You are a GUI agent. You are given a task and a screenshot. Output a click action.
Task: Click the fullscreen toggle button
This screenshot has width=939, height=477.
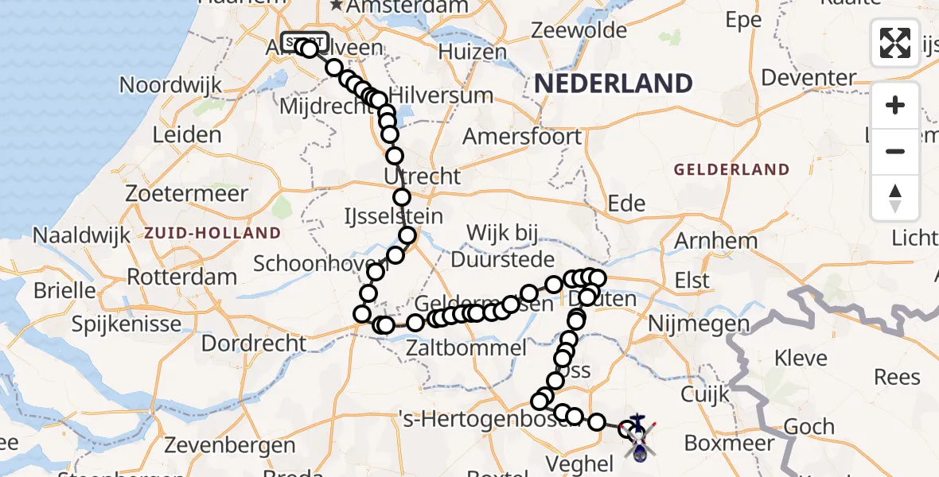click(x=895, y=43)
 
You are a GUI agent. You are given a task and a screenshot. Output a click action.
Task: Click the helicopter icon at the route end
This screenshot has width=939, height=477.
click(x=639, y=436)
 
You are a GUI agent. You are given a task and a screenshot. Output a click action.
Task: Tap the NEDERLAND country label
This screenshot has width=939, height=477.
click(x=613, y=83)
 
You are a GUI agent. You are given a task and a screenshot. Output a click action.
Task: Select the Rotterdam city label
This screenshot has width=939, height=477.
click(x=182, y=277)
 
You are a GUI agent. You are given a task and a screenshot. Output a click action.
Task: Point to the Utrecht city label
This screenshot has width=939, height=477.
click(x=422, y=176)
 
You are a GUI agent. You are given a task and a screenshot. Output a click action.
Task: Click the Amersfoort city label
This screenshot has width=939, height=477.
click(x=522, y=136)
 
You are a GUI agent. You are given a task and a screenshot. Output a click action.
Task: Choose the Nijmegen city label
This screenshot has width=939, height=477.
click(x=699, y=324)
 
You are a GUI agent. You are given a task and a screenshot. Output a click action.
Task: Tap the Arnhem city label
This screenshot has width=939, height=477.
click(x=715, y=240)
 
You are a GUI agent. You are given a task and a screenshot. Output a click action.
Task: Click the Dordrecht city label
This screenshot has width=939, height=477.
click(x=253, y=343)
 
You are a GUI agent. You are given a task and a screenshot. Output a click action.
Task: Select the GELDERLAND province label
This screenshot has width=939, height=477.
click(x=731, y=169)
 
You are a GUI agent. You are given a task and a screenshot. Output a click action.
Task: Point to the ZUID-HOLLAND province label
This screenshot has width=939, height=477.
click(x=212, y=233)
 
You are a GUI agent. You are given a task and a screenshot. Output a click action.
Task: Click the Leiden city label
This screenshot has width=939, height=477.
click(x=186, y=134)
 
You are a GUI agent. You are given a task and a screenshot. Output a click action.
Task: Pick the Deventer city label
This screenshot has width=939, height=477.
click(x=808, y=79)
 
